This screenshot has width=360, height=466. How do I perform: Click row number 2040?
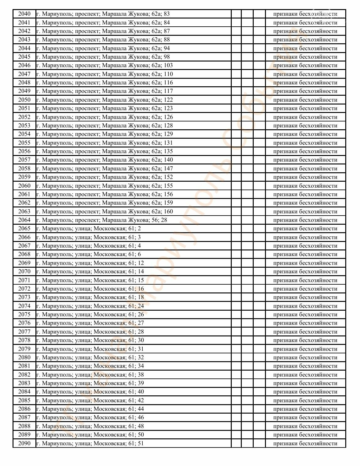(24, 14)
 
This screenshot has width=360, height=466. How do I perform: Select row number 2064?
(24, 220)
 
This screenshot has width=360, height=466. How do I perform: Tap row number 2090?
(24, 443)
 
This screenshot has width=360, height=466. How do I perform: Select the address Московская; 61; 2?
(88, 228)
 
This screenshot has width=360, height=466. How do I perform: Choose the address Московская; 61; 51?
(90, 443)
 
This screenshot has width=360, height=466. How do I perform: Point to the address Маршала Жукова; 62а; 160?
(104, 212)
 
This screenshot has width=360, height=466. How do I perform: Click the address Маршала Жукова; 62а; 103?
(104, 65)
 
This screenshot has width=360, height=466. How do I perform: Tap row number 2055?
(24, 143)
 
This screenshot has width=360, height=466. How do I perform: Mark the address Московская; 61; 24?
(90, 306)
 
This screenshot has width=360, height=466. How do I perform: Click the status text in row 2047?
(305, 74)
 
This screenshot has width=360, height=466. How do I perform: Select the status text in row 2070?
(305, 271)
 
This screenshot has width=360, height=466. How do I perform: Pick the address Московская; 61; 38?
(90, 375)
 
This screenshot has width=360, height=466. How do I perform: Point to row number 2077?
(24, 332)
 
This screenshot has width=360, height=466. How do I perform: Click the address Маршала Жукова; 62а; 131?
(104, 143)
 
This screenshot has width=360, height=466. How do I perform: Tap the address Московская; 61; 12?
(90, 263)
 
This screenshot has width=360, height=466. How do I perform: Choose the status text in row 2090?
(305, 443)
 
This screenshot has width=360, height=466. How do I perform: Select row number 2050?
(24, 100)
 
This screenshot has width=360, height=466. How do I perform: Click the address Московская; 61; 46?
(90, 417)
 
